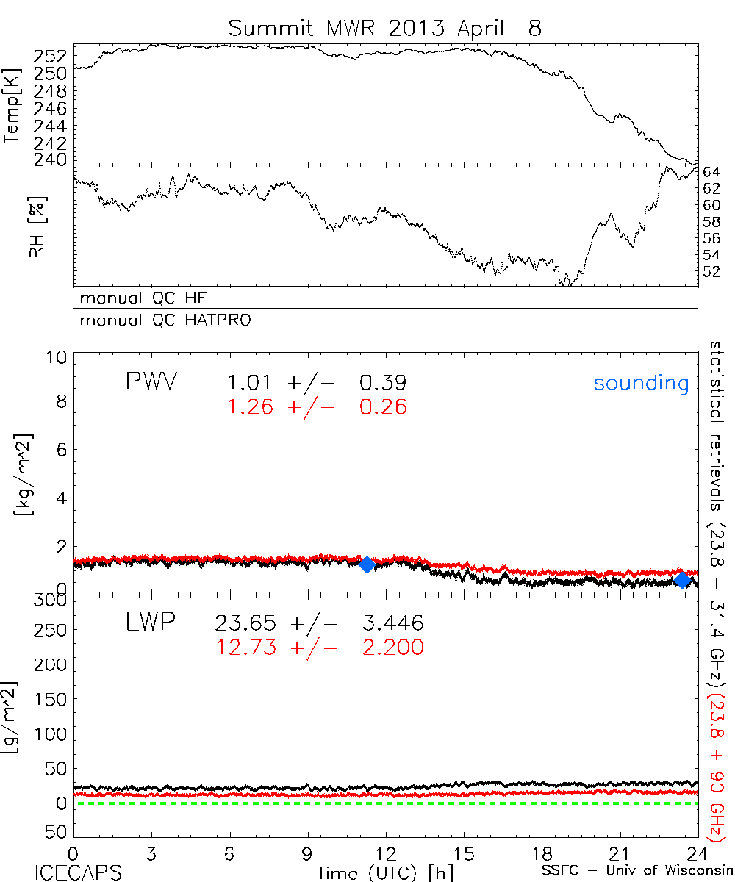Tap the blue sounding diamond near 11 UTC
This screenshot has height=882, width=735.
(x=367, y=564)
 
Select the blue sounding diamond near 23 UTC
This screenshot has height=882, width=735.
(x=682, y=580)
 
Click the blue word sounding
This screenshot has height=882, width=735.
(x=642, y=383)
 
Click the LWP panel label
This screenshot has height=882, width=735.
(x=151, y=624)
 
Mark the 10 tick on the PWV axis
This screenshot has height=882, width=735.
(x=57, y=357)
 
